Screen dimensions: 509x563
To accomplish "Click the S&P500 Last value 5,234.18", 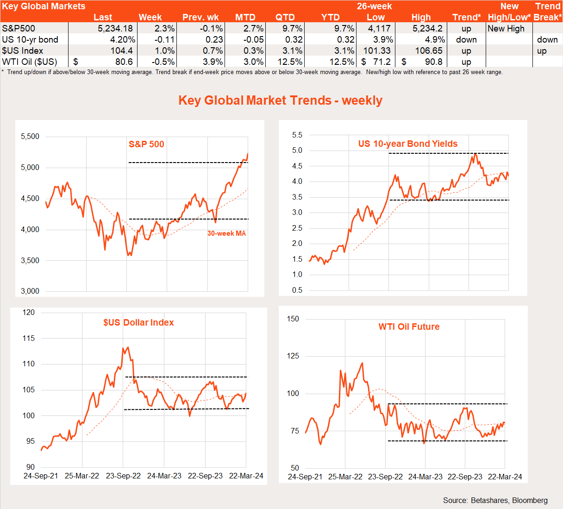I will [115, 28].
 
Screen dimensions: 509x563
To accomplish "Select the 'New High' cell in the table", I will [506, 28].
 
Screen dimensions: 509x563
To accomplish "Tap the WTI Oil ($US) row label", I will [30, 62].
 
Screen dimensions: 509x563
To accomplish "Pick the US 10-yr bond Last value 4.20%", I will [123, 39].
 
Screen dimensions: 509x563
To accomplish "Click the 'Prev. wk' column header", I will [200, 17].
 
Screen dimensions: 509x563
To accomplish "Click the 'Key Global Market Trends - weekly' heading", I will [281, 101].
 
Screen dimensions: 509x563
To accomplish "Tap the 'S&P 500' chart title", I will [146, 144].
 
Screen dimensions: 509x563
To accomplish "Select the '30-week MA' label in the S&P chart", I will [226, 233].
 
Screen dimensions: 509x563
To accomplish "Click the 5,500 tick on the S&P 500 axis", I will [30, 137].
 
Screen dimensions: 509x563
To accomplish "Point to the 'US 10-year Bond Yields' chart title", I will [407, 144].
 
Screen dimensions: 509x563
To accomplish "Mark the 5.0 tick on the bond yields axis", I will [297, 151].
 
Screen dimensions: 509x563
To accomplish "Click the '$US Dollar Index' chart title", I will [138, 322].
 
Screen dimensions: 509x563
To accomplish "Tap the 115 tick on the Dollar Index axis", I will [29, 339].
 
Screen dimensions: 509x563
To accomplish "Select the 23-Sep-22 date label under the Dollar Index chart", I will [123, 476].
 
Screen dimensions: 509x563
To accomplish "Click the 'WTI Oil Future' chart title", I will [409, 327].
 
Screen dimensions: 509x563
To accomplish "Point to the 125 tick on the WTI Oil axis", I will [293, 356].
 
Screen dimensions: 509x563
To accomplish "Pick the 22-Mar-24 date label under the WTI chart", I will [505, 477].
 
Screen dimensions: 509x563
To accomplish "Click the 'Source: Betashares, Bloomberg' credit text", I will [495, 500].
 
